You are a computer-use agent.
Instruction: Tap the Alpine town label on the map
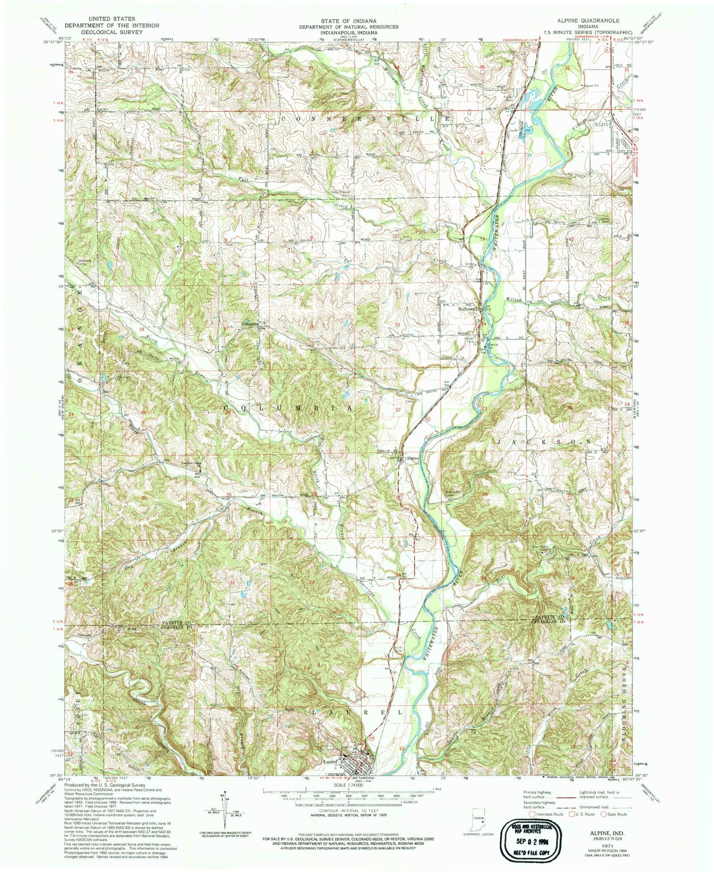(x=412, y=458)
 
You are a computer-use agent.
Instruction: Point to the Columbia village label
(x=250, y=324)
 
